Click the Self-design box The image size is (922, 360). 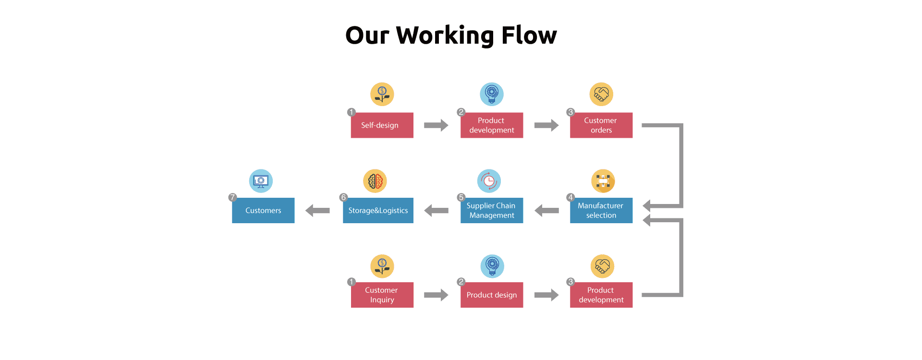pyautogui.click(x=382, y=125)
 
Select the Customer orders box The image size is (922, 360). pyautogui.click(x=601, y=125)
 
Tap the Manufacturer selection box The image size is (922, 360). pyautogui.click(x=601, y=210)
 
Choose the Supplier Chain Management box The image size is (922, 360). pyautogui.click(x=491, y=210)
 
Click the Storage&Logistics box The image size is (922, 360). pyautogui.click(x=378, y=210)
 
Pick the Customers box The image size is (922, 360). pyautogui.click(x=263, y=210)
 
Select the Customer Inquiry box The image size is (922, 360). pyautogui.click(x=382, y=295)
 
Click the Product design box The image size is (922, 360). pyautogui.click(x=491, y=295)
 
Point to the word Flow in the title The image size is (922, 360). pyautogui.click(x=529, y=36)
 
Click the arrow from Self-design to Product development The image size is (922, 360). pyautogui.click(x=436, y=125)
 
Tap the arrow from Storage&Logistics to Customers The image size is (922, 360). pyautogui.click(x=317, y=210)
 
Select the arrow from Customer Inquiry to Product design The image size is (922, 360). pyautogui.click(x=436, y=295)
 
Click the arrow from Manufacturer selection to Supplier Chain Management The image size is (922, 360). pyautogui.click(x=546, y=210)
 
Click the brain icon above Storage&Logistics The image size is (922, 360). pyautogui.click(x=375, y=181)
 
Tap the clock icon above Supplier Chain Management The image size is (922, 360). pyautogui.click(x=489, y=181)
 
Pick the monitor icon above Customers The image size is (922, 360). pyautogui.click(x=261, y=181)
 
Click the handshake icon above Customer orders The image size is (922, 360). pyautogui.click(x=601, y=94)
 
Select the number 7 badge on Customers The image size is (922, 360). pyautogui.click(x=232, y=197)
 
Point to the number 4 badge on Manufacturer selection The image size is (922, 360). pyautogui.click(x=570, y=197)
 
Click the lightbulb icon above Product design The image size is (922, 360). pyautogui.click(x=492, y=266)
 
